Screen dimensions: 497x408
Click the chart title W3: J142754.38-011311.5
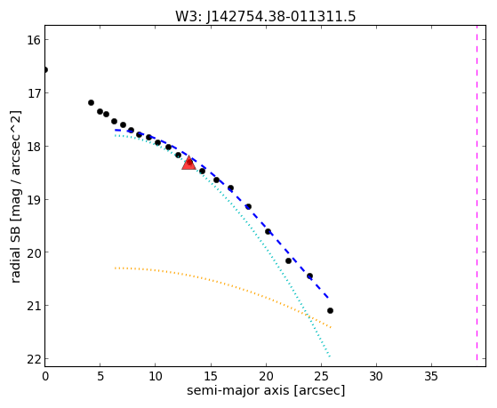(x=266, y=16)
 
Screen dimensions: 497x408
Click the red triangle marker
(x=188, y=164)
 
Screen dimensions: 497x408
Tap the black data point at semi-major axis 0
(x=45, y=69)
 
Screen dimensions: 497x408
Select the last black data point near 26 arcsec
(x=330, y=311)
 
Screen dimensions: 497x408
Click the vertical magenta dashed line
(x=477, y=194)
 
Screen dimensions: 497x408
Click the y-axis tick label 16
(x=35, y=40)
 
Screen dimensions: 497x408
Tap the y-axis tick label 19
(x=35, y=200)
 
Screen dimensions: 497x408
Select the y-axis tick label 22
(x=35, y=359)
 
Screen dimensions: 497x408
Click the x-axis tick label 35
(x=431, y=376)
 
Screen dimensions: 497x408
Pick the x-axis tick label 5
(x=100, y=376)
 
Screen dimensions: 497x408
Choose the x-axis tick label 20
(x=266, y=376)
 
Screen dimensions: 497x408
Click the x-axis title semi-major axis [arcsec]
(x=266, y=390)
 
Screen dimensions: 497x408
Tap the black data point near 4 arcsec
(x=91, y=103)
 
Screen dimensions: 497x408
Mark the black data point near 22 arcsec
(x=288, y=261)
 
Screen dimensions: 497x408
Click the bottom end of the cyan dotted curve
(x=330, y=356)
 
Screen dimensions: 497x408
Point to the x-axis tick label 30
(x=376, y=376)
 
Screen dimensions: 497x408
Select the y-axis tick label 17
(x=35, y=93)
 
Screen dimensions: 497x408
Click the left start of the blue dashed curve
(x=116, y=130)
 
